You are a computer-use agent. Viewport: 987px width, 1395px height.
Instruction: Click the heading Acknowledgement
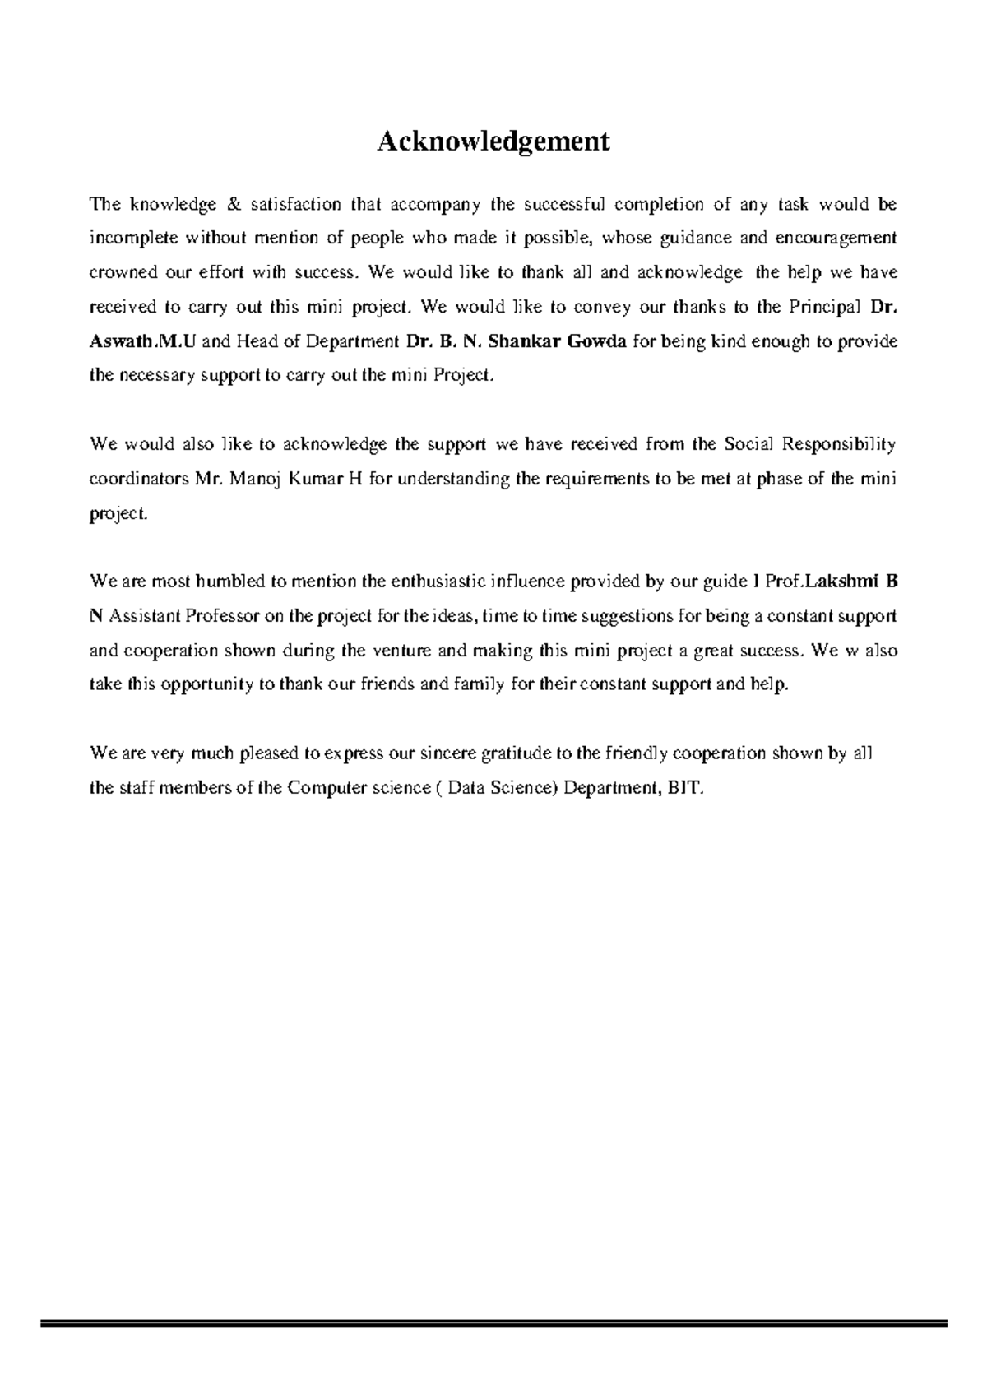(493, 141)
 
